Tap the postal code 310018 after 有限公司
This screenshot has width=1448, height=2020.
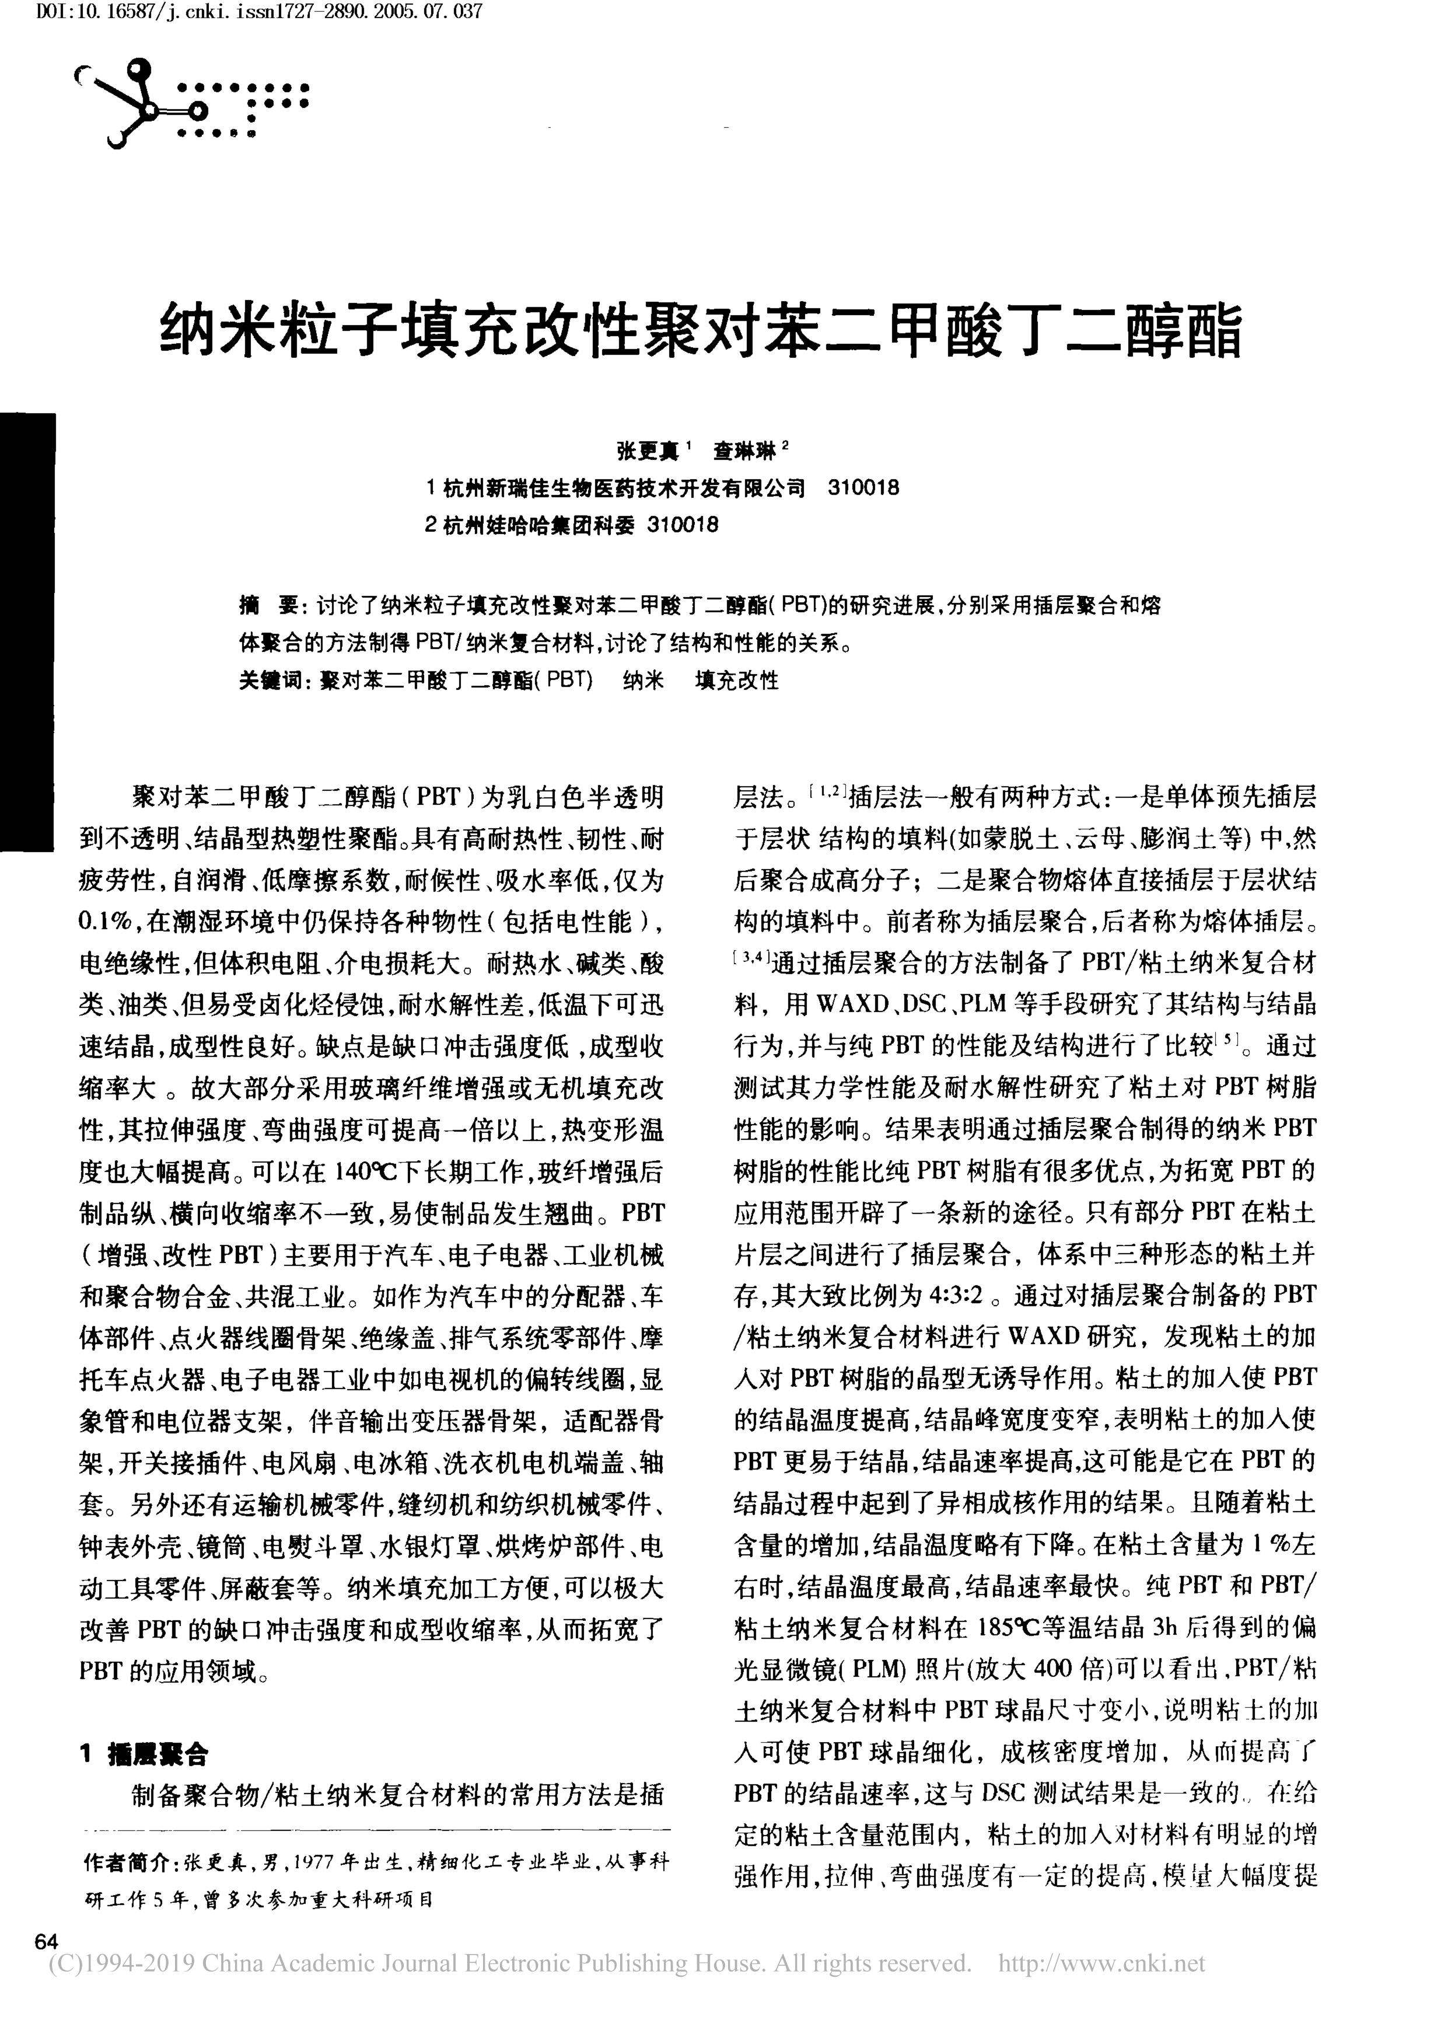coord(863,487)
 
